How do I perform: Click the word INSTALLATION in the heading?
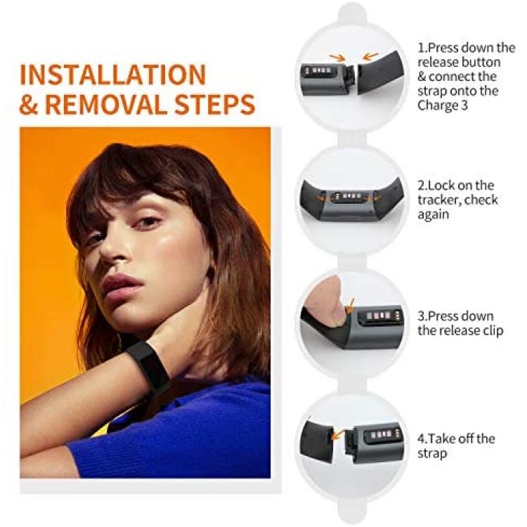point(112,74)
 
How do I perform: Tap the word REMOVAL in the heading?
point(107,105)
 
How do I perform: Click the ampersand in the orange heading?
point(29,105)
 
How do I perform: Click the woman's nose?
point(112,249)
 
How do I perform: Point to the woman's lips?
point(121,286)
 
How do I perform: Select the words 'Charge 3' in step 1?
point(442,105)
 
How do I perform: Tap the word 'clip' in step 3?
point(493,331)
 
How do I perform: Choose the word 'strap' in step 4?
point(432,454)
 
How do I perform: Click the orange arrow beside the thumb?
point(350,305)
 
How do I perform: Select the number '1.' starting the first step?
point(423,48)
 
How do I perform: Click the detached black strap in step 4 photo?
point(317,437)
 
